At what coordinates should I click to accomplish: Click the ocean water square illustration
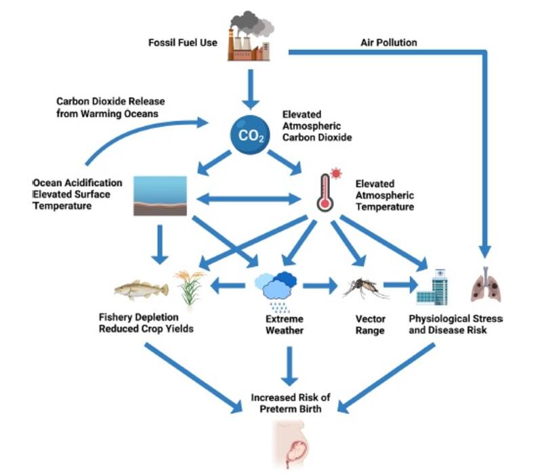[160, 196]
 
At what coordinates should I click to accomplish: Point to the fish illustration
[140, 290]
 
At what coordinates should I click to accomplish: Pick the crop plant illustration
[188, 288]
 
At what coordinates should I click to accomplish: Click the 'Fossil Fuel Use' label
[183, 43]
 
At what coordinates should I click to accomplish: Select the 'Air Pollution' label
[388, 43]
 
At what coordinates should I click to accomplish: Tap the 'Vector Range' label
[371, 325]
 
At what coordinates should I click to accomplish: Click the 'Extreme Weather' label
[285, 325]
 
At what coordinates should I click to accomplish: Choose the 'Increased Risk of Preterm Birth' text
[291, 403]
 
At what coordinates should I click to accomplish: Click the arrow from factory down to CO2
[251, 88]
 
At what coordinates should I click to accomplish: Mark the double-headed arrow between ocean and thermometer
[248, 200]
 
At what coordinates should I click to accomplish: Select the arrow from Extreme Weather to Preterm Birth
[291, 366]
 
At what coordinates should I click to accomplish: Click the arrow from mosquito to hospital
[400, 286]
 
